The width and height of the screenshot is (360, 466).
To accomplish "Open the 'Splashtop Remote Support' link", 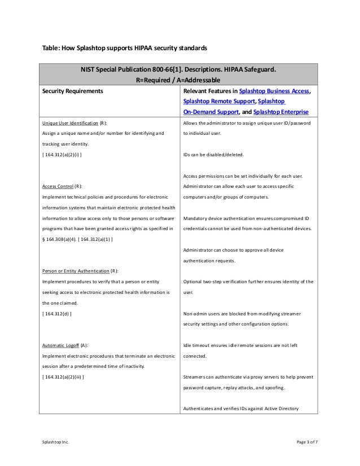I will click(218, 101).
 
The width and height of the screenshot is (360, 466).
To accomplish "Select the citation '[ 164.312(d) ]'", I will click(57, 313).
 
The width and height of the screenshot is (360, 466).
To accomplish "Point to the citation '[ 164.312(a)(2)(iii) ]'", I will click(64, 376).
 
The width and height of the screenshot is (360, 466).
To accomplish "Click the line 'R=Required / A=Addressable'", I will click(179, 80).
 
